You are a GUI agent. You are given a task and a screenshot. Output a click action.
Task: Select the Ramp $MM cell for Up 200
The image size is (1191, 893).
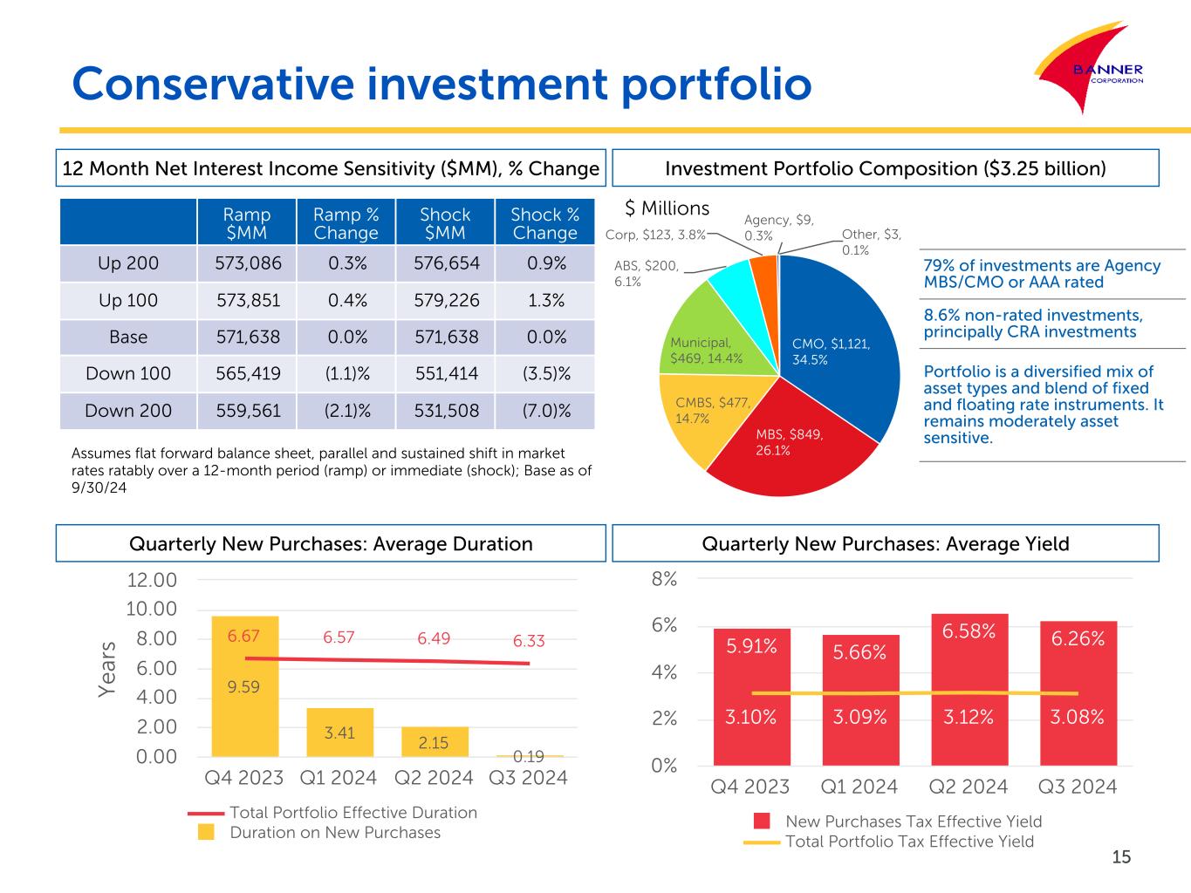tap(248, 263)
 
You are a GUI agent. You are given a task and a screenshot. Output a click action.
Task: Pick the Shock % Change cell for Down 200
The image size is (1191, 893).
tap(545, 411)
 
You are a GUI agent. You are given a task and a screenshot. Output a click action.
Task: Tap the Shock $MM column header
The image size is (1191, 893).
tap(445, 223)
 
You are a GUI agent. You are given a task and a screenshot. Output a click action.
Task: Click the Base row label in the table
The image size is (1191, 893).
tap(128, 337)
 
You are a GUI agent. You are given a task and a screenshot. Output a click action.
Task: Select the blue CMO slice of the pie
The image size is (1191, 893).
tap(838, 340)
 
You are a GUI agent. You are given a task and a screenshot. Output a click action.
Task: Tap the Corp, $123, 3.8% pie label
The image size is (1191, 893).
tap(655, 235)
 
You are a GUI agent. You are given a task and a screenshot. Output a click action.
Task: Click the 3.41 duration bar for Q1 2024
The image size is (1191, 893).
tap(339, 733)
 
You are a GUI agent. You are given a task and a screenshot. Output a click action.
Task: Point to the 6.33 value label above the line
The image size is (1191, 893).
tap(529, 641)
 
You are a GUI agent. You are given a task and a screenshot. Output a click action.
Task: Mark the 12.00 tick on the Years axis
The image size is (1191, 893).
tap(152, 581)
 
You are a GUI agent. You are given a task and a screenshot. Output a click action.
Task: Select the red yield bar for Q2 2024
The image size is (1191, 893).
tap(969, 689)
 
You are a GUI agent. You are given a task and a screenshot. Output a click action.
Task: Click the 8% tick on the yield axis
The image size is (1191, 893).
tap(664, 579)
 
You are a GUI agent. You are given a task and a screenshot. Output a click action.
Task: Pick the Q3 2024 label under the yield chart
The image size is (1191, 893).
tap(1077, 787)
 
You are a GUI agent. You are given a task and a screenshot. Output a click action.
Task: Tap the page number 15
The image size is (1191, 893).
tap(1121, 857)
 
